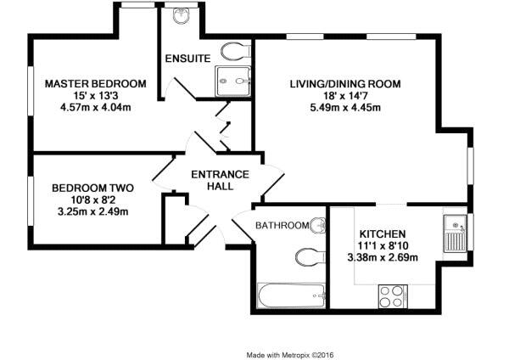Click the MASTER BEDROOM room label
(x=95, y=84)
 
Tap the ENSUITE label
(x=188, y=59)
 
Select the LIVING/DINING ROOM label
(x=345, y=84)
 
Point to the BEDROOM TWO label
(x=92, y=188)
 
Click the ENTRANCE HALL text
(x=220, y=180)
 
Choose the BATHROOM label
(x=282, y=225)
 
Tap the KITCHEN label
(x=383, y=234)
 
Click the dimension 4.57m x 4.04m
(x=96, y=107)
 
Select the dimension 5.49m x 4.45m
(x=345, y=107)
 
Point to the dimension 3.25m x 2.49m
(x=92, y=212)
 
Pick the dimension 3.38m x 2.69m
(x=383, y=257)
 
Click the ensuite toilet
(x=236, y=51)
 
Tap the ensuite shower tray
(x=233, y=82)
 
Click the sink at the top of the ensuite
(x=181, y=15)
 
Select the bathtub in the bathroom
(x=291, y=295)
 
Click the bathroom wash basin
(x=318, y=225)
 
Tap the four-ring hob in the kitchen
(x=393, y=296)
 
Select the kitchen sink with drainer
(x=456, y=233)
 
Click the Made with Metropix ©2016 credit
(x=290, y=355)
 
